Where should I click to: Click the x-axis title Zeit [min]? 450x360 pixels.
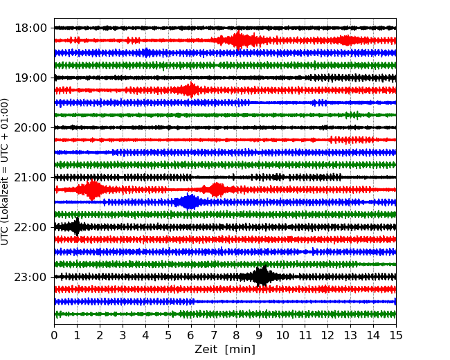tap(225, 350)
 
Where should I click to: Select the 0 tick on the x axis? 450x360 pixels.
tap(55, 336)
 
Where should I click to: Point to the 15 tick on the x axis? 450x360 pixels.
tap(396, 336)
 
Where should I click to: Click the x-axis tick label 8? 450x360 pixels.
tap(237, 336)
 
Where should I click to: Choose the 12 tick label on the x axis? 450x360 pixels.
tap(327, 336)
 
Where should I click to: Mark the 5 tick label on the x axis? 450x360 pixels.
tap(168, 336)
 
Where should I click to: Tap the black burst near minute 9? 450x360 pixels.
tap(262, 277)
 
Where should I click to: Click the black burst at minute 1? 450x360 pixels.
tap(77, 227)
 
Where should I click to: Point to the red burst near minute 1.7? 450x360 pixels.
tap(93, 190)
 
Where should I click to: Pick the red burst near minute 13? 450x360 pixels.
tap(348, 40)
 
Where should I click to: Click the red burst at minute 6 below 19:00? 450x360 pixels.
tap(190, 90)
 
